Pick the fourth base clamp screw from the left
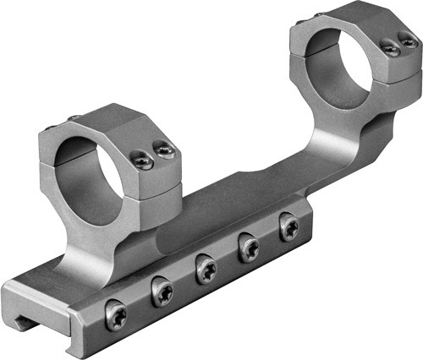click(x=250, y=248)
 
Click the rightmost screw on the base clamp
click(x=289, y=227)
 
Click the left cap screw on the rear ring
click(x=390, y=50)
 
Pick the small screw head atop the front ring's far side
click(x=74, y=117)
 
